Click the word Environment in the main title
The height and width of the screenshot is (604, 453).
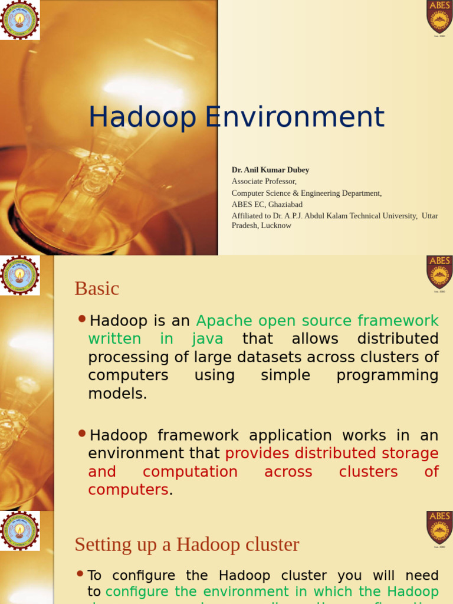295,117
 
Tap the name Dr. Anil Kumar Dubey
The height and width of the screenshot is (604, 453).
270,170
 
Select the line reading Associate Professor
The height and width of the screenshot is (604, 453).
264,182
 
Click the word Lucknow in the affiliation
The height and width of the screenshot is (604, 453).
276,225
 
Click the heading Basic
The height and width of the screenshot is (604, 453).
97,288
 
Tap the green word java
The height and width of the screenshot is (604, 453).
207,339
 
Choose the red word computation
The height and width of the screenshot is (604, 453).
190,472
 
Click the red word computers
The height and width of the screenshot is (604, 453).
128,490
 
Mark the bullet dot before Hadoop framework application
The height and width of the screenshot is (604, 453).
82,434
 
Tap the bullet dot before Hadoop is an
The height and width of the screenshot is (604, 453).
82,319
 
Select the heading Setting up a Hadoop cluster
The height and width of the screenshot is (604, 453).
187,544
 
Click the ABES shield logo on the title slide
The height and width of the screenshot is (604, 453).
439,17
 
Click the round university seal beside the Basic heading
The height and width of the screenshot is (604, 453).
20,275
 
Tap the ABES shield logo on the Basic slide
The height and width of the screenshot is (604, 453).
439,272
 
